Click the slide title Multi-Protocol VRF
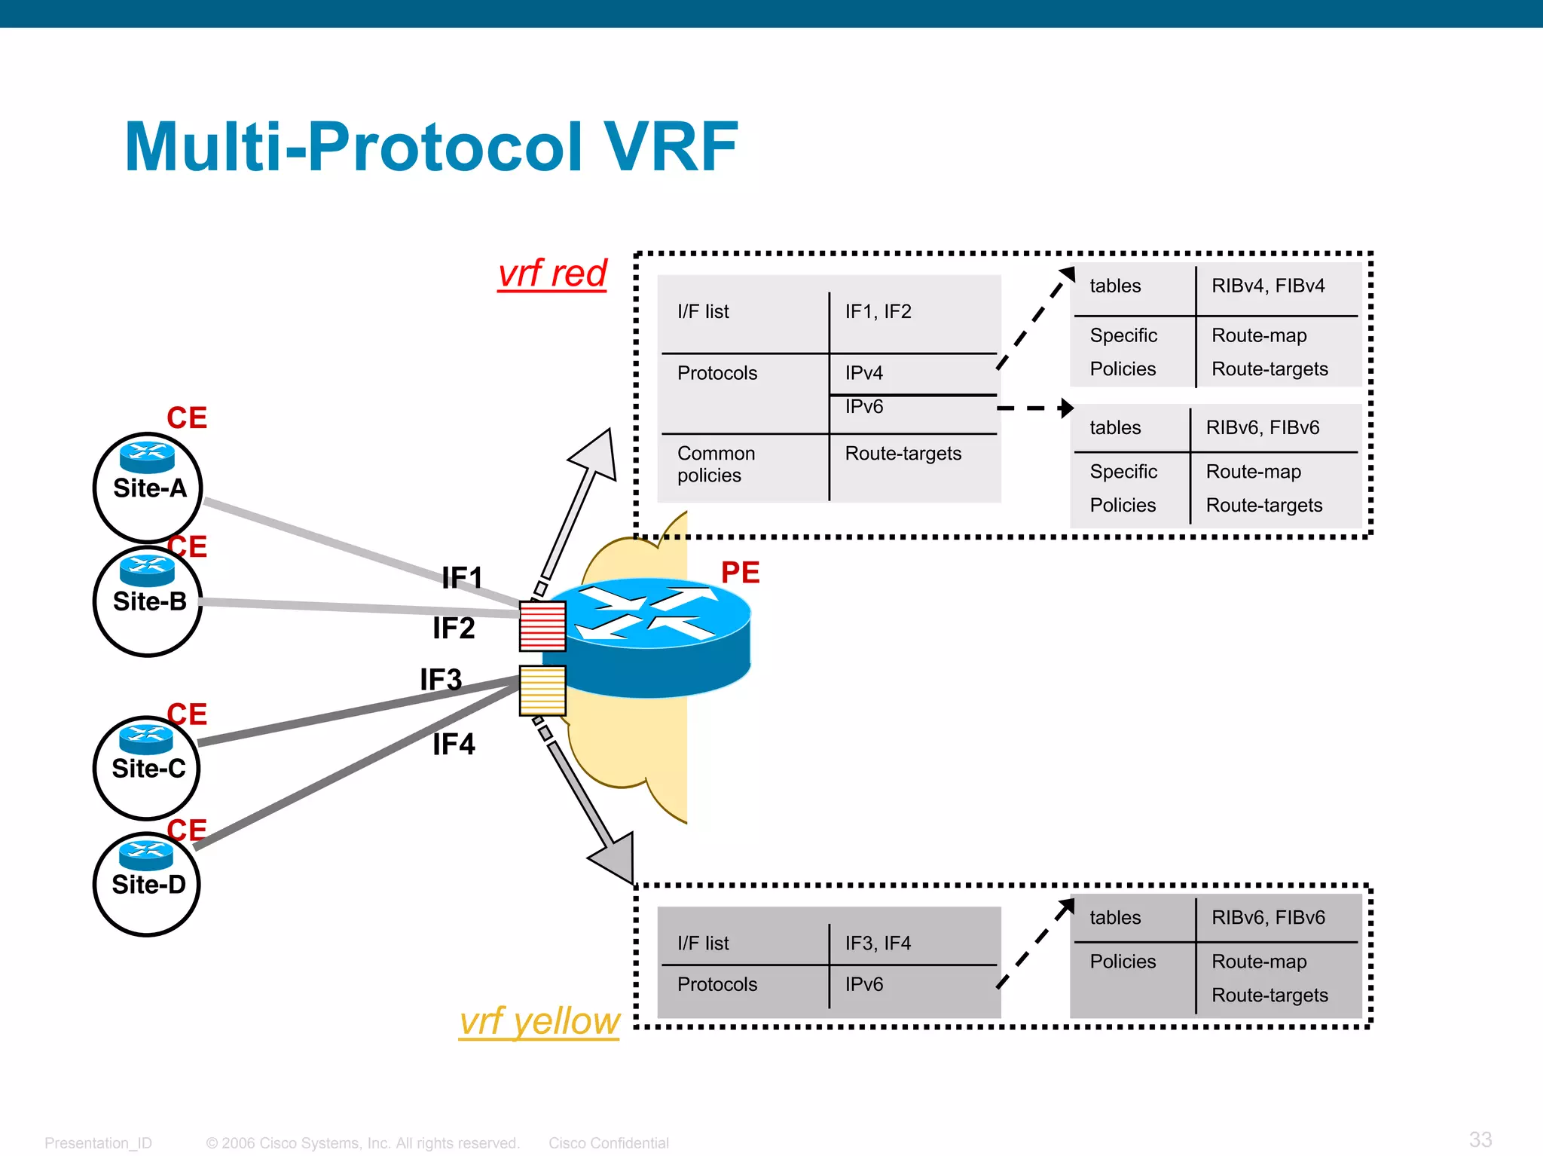click(x=431, y=147)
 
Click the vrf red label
click(x=552, y=273)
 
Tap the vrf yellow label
click(x=539, y=1021)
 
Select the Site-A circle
click(x=148, y=488)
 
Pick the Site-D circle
click(x=147, y=884)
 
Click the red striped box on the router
click(x=542, y=625)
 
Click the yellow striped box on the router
click(x=542, y=690)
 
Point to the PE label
click(x=740, y=573)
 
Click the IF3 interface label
click(x=441, y=680)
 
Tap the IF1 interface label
click(x=462, y=578)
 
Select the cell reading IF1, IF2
click(x=878, y=312)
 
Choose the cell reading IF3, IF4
click(x=878, y=943)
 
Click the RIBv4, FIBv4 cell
click(x=1268, y=286)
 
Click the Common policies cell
click(x=716, y=464)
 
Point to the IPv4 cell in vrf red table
click(x=863, y=373)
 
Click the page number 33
click(x=1480, y=1139)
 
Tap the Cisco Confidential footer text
click(x=609, y=1143)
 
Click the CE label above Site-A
click(x=187, y=418)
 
